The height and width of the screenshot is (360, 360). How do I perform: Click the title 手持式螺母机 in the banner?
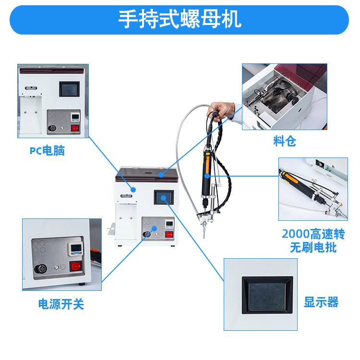(x=180, y=19)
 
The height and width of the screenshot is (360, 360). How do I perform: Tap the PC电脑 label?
(x=48, y=151)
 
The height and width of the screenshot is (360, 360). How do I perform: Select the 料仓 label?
(x=285, y=141)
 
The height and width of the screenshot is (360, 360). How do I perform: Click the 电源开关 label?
(x=61, y=304)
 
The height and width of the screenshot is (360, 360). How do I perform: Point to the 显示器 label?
(x=321, y=302)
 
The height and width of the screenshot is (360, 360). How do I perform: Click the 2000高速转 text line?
(x=313, y=234)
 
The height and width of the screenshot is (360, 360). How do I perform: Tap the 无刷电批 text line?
(x=313, y=248)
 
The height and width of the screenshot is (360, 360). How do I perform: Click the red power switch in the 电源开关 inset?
(x=76, y=266)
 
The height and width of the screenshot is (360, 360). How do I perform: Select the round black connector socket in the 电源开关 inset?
(x=41, y=269)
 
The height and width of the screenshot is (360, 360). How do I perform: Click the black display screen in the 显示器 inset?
(x=267, y=295)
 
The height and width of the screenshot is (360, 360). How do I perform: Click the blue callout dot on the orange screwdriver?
(x=207, y=176)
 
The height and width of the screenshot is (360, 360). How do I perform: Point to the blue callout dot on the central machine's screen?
(x=164, y=198)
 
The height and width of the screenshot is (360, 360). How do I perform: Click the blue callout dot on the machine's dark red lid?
(x=161, y=175)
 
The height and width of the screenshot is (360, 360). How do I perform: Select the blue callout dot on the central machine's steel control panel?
(x=154, y=228)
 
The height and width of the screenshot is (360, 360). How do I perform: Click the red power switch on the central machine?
(x=169, y=234)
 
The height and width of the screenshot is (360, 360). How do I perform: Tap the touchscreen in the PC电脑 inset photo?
(x=69, y=89)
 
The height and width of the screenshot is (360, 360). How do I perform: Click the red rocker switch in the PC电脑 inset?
(x=75, y=128)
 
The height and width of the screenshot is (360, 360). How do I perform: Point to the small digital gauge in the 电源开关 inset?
(x=75, y=249)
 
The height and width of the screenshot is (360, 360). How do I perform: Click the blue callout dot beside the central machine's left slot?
(x=133, y=190)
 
